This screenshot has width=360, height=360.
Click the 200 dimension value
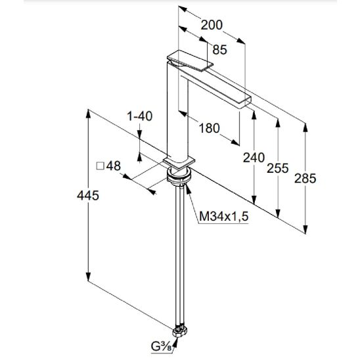(x=212, y=25)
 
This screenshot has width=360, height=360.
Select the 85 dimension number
(x=219, y=49)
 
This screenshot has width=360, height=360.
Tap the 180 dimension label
(x=209, y=128)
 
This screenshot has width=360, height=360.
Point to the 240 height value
(x=254, y=158)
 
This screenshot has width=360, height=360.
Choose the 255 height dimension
(x=278, y=168)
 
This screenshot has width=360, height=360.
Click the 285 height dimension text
(x=305, y=179)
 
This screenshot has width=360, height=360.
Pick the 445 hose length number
(x=88, y=196)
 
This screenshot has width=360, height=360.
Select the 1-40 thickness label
(x=140, y=116)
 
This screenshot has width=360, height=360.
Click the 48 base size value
(x=114, y=166)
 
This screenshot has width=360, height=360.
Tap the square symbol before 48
(x=100, y=166)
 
